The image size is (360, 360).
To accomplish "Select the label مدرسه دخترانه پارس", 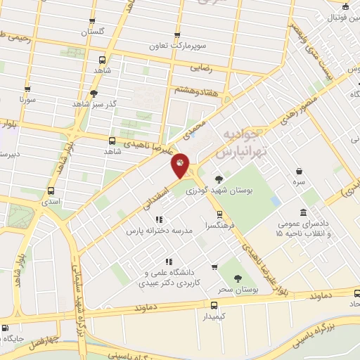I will [158, 230].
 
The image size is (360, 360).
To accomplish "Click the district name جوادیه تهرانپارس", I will [233, 143].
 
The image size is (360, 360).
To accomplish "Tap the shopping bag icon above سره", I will [300, 172].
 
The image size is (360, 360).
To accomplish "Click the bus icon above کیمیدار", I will [214, 304].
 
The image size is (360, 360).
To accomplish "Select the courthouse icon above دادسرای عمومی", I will [303, 212].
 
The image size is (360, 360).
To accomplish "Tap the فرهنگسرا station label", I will [219, 226].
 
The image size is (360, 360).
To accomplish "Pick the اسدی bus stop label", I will [51, 201].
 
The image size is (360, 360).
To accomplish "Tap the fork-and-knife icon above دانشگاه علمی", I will [168, 262].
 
